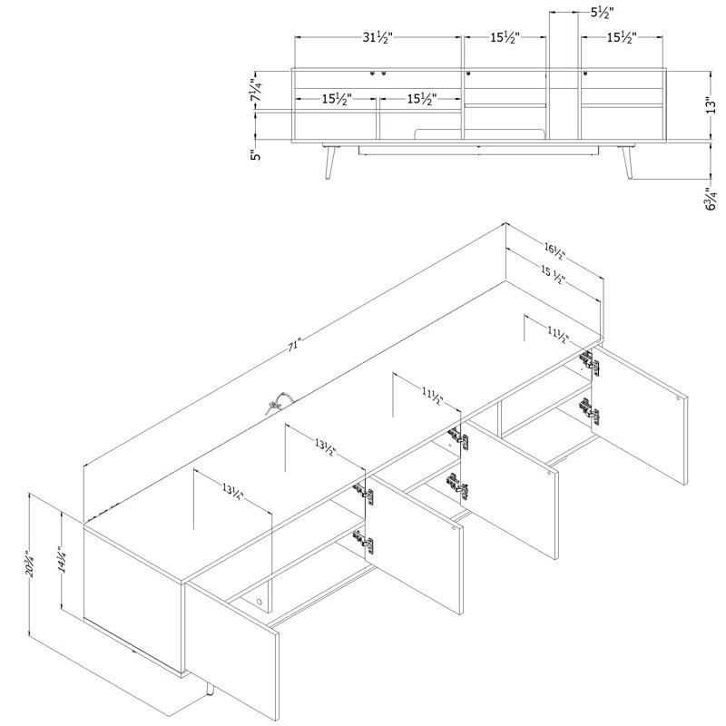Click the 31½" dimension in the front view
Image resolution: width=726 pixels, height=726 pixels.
tap(378, 38)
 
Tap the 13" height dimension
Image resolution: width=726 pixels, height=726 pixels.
tap(718, 105)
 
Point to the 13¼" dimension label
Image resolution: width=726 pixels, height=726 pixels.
tap(231, 495)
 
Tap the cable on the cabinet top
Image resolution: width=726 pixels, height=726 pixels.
tap(275, 402)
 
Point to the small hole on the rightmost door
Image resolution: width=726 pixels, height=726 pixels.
tap(680, 395)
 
